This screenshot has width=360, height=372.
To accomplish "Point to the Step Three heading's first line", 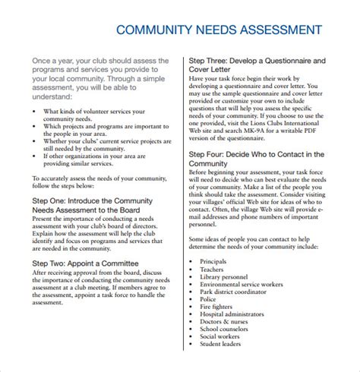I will point(257,59).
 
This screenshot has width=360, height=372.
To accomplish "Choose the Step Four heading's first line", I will point(257,154).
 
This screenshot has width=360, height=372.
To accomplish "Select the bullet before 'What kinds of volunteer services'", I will point(35,111).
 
